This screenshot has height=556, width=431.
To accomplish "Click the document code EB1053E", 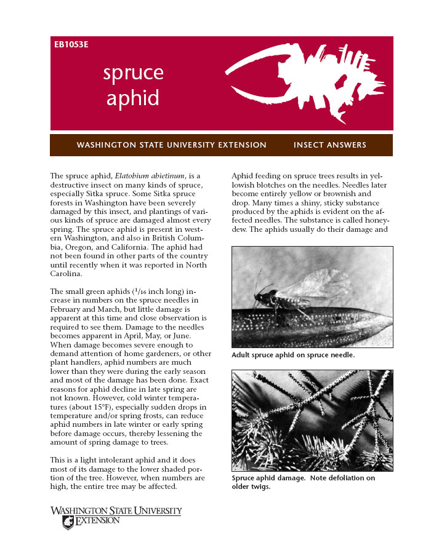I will (x=71, y=45).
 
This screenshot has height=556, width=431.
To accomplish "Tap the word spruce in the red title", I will (x=133, y=73).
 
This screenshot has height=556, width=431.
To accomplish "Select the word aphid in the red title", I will (x=132, y=98).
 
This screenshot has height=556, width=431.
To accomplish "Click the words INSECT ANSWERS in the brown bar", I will (x=330, y=145).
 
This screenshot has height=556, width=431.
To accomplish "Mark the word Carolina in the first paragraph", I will (x=67, y=274).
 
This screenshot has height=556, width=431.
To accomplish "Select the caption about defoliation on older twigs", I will (x=303, y=482).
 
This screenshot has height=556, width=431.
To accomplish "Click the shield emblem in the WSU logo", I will (x=68, y=522).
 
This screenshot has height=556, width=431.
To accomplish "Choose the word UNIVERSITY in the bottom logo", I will (x=153, y=511).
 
